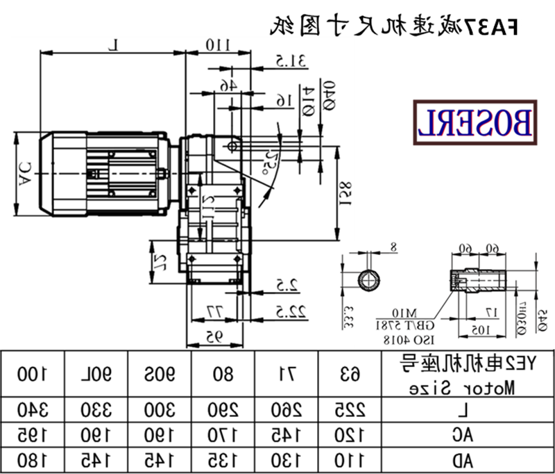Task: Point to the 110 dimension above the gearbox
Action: point(216,46)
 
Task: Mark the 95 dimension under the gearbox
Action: point(214,336)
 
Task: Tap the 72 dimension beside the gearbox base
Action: point(158,261)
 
